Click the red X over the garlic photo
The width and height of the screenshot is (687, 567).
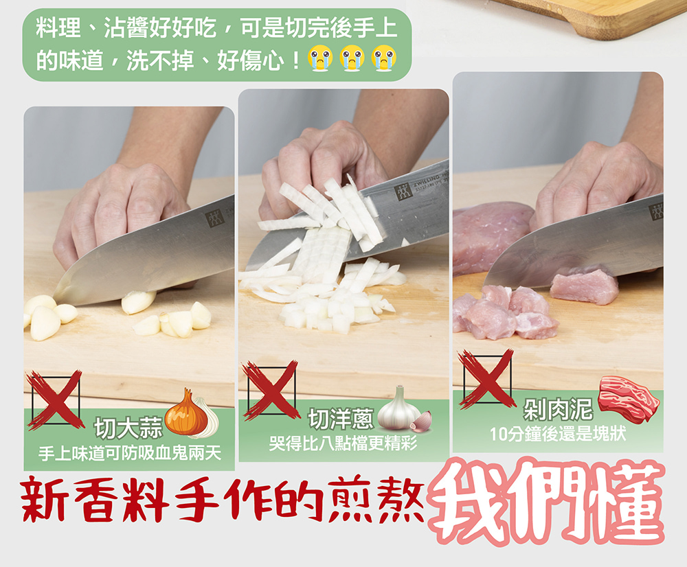[54, 399]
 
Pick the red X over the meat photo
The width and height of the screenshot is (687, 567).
[486, 378]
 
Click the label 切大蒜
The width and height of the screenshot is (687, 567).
[128, 428]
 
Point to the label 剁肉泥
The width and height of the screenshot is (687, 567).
[557, 410]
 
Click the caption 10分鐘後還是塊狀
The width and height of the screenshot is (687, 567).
[557, 434]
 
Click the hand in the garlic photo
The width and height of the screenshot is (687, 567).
[117, 206]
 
